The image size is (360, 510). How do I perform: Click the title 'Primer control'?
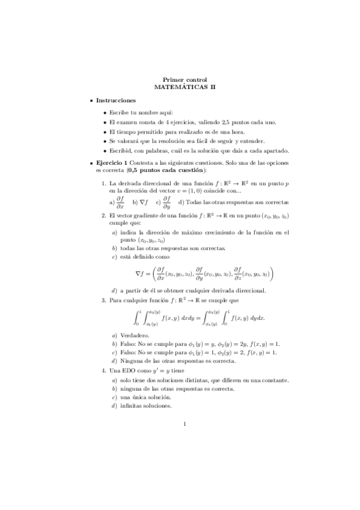(185, 79)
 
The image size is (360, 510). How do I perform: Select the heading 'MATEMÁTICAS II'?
(185, 86)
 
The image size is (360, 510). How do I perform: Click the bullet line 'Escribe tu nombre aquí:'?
(141, 112)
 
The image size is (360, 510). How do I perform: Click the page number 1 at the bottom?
(185, 425)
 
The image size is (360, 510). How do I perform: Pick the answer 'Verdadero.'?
(136, 334)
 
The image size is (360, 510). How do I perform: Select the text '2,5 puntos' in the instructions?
(233, 122)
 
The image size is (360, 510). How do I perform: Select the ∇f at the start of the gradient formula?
(141, 274)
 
